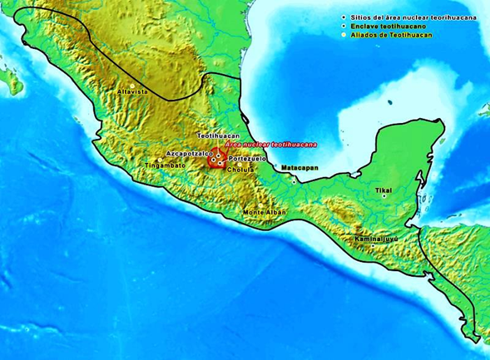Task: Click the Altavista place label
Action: point(132,90)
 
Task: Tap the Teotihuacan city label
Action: point(218,135)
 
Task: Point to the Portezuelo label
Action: point(247,159)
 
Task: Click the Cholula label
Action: point(240,170)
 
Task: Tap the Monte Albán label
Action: point(264,213)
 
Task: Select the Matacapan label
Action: point(297,169)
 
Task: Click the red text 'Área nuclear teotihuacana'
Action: point(265,145)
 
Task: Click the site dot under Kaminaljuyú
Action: point(374,245)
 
